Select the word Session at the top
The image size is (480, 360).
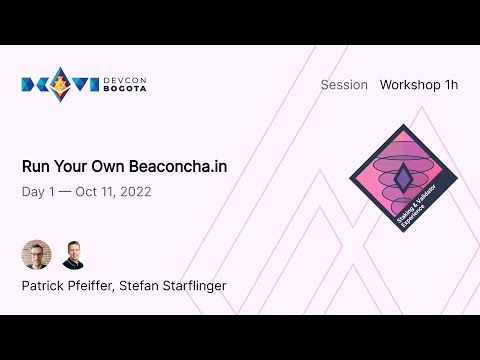pos(344,85)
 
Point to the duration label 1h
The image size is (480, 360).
pos(450,85)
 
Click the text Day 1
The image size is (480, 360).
pos(40,191)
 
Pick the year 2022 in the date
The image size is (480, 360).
pos(134,191)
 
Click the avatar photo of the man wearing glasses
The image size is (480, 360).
pos(36,255)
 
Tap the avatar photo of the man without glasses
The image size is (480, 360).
pos(74,255)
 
